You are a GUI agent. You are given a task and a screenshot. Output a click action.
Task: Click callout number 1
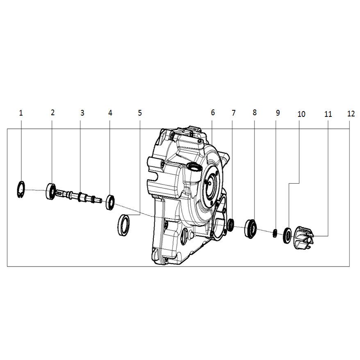tap(21, 113)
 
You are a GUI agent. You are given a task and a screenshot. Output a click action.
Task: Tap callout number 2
tap(52, 112)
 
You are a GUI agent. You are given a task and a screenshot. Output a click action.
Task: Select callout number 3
tap(82, 113)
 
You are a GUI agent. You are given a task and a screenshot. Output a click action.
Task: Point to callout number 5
tap(140, 113)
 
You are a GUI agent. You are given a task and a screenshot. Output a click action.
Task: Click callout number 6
tap(213, 112)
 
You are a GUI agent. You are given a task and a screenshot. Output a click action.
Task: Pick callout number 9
tap(278, 113)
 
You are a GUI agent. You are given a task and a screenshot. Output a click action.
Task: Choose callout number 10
tap(301, 114)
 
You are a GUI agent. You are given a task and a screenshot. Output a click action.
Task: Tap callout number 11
tap(328, 114)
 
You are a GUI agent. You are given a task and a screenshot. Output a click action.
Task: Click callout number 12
tap(351, 114)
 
